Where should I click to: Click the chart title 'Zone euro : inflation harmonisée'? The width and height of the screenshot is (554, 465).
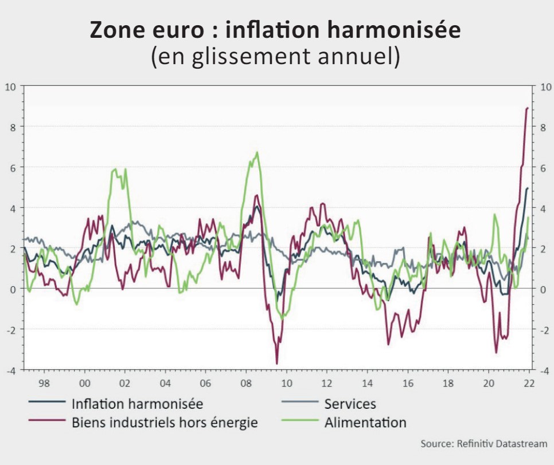pyautogui.click(x=276, y=30)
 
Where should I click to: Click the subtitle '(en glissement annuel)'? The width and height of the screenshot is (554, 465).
pyautogui.click(x=276, y=58)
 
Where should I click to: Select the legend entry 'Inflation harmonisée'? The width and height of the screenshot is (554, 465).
pyautogui.click(x=137, y=404)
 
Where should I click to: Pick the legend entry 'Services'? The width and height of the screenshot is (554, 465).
pyautogui.click(x=350, y=404)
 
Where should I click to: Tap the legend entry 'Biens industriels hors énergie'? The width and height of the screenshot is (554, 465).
pyautogui.click(x=165, y=423)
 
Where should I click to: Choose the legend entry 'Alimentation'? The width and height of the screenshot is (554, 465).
pyautogui.click(x=365, y=423)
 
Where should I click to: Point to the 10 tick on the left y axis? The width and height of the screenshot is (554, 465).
pyautogui.click(x=10, y=86)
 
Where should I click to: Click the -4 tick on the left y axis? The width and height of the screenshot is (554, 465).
pyautogui.click(x=10, y=370)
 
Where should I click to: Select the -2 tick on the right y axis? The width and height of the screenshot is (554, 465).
pyautogui.click(x=544, y=329)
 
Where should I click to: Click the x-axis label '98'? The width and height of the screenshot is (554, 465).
pyautogui.click(x=44, y=383)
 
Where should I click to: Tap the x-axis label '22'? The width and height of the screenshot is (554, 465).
pyautogui.click(x=528, y=383)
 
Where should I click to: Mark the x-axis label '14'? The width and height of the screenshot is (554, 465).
pyautogui.click(x=367, y=383)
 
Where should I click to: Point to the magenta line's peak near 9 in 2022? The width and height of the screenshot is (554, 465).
pyautogui.click(x=528, y=108)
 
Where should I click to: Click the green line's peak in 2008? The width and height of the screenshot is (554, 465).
pyautogui.click(x=257, y=152)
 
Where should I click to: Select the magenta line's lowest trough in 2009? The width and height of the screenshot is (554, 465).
pyautogui.click(x=277, y=364)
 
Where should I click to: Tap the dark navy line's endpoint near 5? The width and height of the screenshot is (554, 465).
pyautogui.click(x=528, y=188)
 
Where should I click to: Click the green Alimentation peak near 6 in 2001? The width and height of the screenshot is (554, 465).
pyautogui.click(x=115, y=169)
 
